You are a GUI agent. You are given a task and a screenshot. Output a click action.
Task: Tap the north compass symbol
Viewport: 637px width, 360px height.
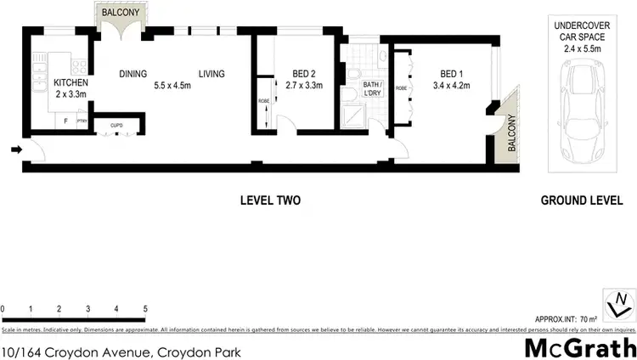click(623, 301)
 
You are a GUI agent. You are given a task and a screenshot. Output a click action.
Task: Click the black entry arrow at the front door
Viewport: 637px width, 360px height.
click(16, 150)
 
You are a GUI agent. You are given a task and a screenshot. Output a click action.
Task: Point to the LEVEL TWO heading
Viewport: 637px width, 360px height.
click(270, 201)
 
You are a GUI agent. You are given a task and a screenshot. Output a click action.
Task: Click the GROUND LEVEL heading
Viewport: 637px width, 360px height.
click(582, 201)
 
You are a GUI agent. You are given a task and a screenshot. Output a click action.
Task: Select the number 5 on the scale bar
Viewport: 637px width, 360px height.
click(145, 308)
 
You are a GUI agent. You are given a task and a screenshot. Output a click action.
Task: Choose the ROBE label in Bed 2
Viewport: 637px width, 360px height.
click(264, 103)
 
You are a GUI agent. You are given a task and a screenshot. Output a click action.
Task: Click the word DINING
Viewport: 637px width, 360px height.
click(134, 74)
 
